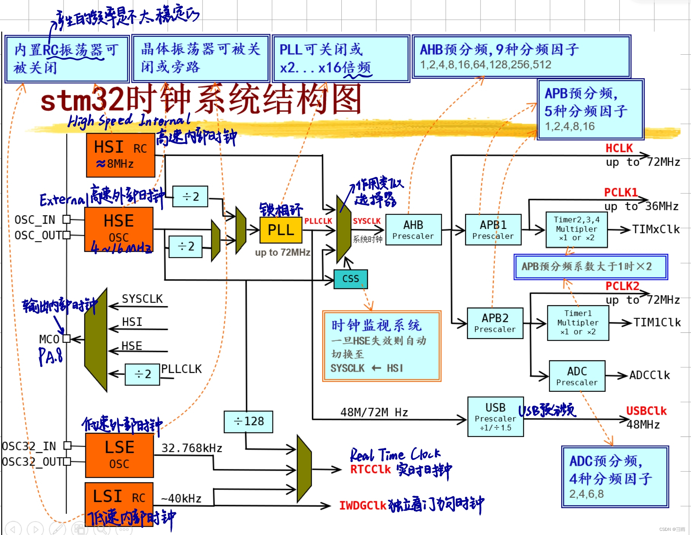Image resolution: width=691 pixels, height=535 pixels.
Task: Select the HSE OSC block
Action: coord(119,229)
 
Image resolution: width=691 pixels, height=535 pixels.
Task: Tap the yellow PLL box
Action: coord(281,230)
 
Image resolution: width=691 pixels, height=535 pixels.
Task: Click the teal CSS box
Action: coord(350,279)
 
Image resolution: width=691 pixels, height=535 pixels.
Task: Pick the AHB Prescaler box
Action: coord(413,230)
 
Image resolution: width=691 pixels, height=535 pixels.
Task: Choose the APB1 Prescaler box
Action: coord(493,230)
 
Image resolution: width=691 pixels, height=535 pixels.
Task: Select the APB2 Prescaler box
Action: coord(495,323)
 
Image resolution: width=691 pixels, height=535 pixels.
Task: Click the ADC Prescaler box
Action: coord(577,376)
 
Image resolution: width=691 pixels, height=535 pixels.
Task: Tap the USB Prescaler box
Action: coord(495,417)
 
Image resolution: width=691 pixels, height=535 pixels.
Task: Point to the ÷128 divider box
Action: coord(249,421)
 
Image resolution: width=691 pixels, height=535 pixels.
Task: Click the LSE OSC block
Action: coord(119,455)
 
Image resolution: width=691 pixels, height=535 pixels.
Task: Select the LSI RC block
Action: coord(119,497)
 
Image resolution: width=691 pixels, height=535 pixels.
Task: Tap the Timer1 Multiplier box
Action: coord(578,323)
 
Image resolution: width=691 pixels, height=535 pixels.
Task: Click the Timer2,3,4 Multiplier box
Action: coord(577,229)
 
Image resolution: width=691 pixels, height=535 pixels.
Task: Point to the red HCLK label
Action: coord(619,148)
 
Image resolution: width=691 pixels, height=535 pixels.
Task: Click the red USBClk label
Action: coord(646,411)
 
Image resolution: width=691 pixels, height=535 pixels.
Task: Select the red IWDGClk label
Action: coord(363,505)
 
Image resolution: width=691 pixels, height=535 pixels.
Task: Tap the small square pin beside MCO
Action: coord(67,339)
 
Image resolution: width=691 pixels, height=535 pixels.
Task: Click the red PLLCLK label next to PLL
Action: coord(318,221)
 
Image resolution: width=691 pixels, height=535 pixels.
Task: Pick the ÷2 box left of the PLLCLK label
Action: coord(143,374)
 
